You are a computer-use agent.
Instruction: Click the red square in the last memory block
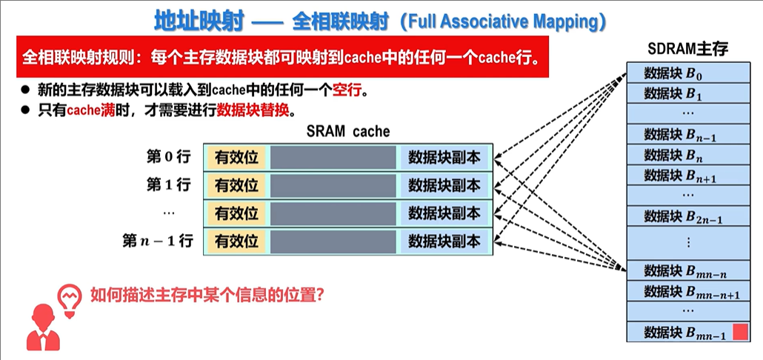click(739, 332)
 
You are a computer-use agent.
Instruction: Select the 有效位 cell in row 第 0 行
click(236, 157)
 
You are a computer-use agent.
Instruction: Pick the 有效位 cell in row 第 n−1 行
click(236, 241)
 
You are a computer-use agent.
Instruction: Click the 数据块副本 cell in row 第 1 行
click(444, 185)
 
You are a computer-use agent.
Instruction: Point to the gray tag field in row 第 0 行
click(333, 157)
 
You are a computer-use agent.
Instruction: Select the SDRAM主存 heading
click(687, 50)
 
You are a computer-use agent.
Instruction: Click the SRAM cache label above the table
click(347, 131)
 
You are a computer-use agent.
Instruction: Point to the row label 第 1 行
click(168, 184)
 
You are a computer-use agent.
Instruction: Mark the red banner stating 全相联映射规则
click(281, 57)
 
